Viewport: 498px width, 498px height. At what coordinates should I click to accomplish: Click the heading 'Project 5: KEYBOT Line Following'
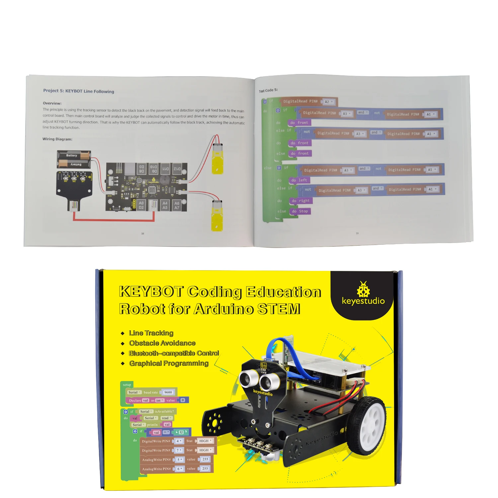point(78,91)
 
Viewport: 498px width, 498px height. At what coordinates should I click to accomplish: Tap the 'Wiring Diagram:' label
point(57,139)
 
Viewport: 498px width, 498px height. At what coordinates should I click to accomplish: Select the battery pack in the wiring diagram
point(74,159)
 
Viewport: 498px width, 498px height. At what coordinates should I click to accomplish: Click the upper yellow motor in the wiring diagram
point(217,157)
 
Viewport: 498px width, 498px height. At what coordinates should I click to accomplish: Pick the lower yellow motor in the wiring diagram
point(217,215)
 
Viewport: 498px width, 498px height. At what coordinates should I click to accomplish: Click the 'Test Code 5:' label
point(268,90)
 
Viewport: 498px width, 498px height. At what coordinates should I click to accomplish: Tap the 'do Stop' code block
point(300,211)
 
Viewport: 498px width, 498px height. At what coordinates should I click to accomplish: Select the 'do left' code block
point(299,180)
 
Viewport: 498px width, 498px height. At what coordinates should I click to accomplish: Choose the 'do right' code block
point(300,201)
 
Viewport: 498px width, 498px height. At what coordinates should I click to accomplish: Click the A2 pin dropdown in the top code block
point(329,102)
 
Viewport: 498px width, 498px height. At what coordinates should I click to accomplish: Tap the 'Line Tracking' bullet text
point(151,333)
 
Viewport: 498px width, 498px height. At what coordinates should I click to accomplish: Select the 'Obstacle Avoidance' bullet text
point(162,343)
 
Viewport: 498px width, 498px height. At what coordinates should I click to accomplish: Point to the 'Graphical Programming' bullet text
point(169,363)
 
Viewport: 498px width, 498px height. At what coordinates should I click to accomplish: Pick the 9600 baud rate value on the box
point(168,392)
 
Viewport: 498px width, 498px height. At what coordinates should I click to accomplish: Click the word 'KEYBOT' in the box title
point(151,292)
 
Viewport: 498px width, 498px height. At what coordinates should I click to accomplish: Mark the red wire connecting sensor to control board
point(113,220)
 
